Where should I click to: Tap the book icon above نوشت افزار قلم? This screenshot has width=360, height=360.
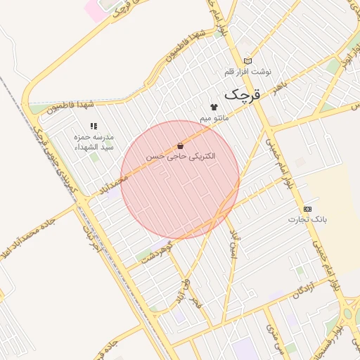[x=247, y=61]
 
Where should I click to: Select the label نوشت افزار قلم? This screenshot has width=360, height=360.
[x=247, y=72]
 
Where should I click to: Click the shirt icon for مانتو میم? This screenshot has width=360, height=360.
[x=214, y=107]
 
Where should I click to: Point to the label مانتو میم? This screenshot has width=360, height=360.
[x=214, y=118]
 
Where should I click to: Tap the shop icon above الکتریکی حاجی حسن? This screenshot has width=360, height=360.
[x=181, y=145]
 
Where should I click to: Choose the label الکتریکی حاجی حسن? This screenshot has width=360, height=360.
[x=181, y=155]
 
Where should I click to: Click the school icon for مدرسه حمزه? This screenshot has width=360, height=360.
[x=94, y=127]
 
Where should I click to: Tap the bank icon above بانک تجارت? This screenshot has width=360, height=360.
[x=307, y=209]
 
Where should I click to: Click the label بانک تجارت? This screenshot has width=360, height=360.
[x=307, y=219]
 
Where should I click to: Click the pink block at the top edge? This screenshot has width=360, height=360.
[x=94, y=9]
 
